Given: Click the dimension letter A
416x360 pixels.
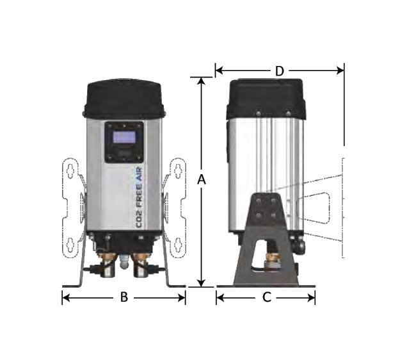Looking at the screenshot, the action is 202,180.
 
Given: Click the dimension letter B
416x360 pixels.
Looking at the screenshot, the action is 124,297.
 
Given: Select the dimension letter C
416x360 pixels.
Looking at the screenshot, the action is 267,297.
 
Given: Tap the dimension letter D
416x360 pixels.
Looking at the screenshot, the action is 280,71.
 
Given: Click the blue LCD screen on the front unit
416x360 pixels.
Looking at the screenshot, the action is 124,137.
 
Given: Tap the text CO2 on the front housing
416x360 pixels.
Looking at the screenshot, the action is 139,218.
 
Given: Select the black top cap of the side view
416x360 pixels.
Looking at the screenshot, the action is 266,99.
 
